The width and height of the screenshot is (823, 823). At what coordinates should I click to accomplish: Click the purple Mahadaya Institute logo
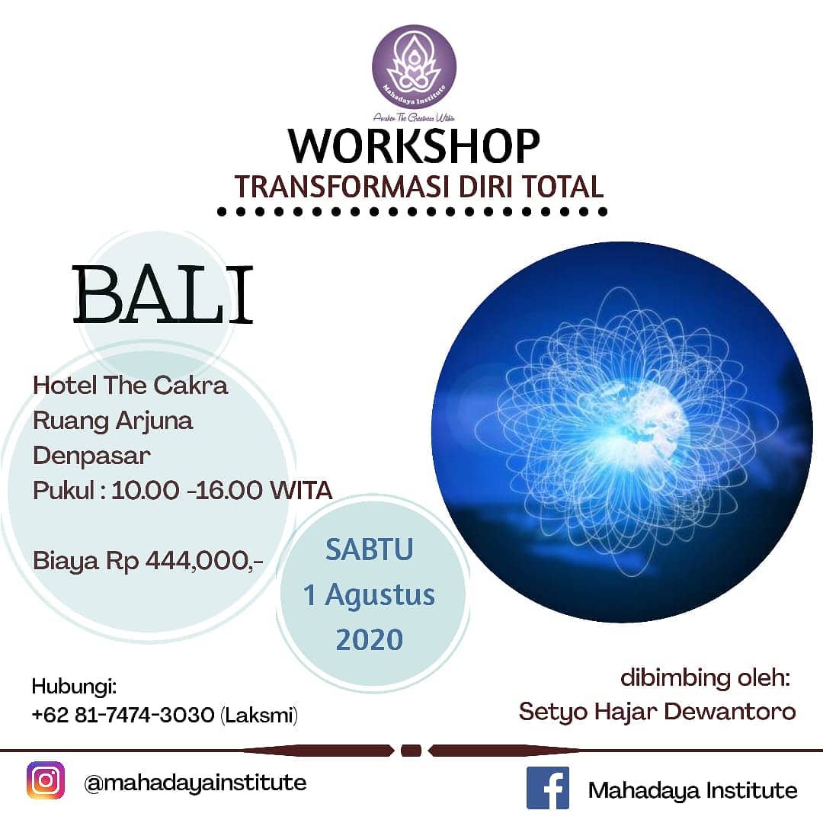[x=414, y=66]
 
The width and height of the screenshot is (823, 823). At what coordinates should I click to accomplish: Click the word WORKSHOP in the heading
[x=414, y=146]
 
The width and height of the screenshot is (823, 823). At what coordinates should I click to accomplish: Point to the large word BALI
[x=162, y=295]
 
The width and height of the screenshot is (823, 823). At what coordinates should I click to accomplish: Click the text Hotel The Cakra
[x=130, y=386]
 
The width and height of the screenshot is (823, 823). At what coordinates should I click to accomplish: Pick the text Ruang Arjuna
[x=113, y=421]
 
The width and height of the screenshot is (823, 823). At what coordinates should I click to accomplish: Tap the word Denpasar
[x=91, y=456]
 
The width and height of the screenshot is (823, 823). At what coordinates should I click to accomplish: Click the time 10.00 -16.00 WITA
[x=222, y=491]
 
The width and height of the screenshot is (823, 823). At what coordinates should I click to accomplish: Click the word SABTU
[x=370, y=549]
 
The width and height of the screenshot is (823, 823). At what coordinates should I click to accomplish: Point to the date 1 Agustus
[x=370, y=594]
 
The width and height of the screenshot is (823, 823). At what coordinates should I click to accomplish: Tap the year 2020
[x=370, y=639]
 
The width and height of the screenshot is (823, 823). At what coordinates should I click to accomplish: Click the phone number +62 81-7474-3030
[x=123, y=716]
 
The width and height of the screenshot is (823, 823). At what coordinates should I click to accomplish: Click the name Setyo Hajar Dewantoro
[x=657, y=712]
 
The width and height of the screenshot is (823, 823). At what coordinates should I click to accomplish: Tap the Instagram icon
[x=46, y=782]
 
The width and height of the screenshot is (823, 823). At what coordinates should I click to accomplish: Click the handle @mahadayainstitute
[x=195, y=783]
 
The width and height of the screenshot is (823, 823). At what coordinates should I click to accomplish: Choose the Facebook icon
[x=548, y=788]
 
